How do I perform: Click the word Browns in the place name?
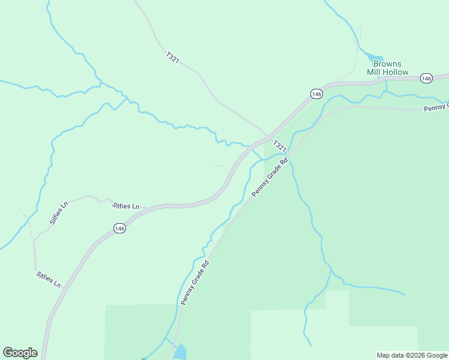tap(387, 64)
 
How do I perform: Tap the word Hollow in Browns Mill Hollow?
tap(397, 72)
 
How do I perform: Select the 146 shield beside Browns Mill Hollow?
tap(426, 79)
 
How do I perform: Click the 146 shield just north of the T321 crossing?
tap(317, 94)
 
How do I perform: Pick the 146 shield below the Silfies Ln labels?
tap(119, 228)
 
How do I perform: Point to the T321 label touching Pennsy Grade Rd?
tap(280, 146)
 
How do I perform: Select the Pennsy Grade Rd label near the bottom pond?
tap(194, 283)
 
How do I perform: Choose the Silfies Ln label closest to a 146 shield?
tap(126, 206)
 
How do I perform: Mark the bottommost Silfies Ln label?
tap(49, 279)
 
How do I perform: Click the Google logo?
tap(20, 353)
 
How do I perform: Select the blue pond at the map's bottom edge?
tap(180, 352)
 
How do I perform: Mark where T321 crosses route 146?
tap(268, 137)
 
